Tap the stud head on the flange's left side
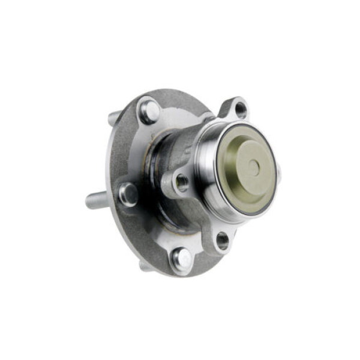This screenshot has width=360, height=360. (128, 194)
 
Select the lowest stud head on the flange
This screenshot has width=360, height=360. (182, 259)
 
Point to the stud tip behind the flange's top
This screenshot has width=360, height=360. (113, 118)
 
